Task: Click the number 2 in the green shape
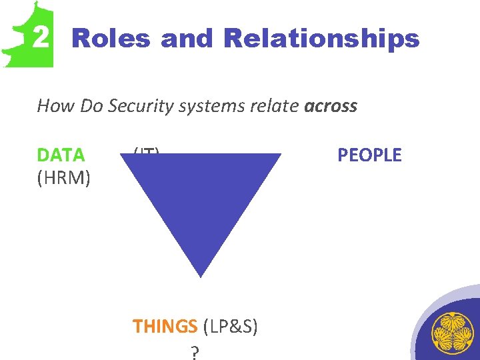[41, 38]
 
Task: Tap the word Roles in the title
[111, 39]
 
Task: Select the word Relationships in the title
[322, 39]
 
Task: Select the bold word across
[331, 105]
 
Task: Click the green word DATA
[61, 155]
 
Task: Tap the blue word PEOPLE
[369, 155]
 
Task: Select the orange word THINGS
[165, 326]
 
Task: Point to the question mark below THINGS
[194, 351]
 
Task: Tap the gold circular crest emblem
[453, 333]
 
